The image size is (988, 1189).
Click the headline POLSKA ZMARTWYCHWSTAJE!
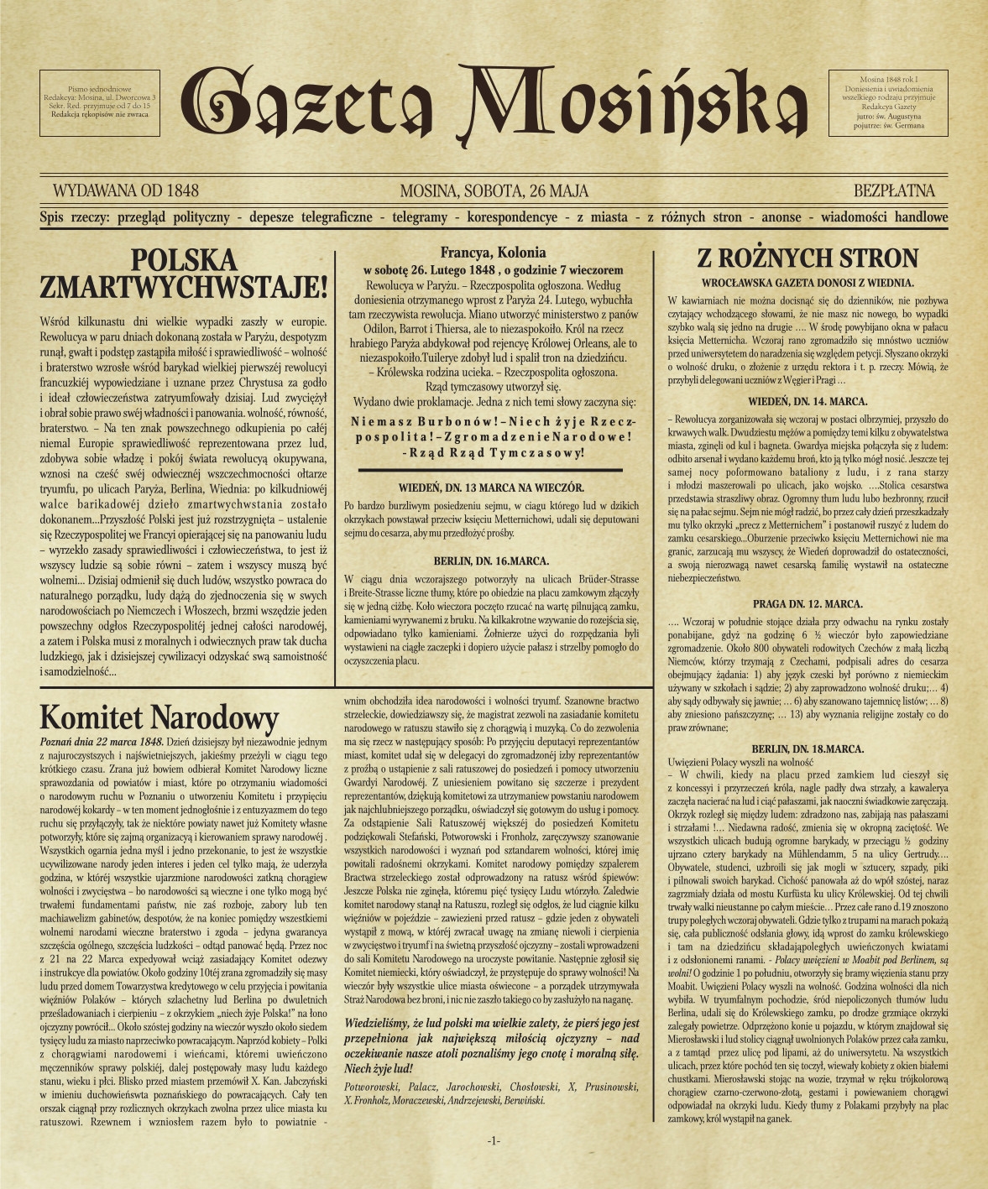click(x=184, y=274)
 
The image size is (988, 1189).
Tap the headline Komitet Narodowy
click(x=159, y=718)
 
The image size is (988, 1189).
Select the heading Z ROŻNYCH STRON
click(x=808, y=258)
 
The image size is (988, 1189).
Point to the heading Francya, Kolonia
click(x=493, y=253)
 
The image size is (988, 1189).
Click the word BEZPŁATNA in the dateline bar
click(x=894, y=191)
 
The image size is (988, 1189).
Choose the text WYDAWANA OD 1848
click(x=125, y=191)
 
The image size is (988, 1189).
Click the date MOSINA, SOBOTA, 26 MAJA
click(x=494, y=191)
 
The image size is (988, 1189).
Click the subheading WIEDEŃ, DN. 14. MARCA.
click(x=808, y=401)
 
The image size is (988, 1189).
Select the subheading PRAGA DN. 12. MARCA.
click(x=808, y=603)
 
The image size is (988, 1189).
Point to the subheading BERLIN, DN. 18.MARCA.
click(x=808, y=748)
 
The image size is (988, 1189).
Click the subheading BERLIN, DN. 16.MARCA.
click(x=492, y=561)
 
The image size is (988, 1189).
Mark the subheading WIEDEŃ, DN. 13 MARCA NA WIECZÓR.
click(x=492, y=488)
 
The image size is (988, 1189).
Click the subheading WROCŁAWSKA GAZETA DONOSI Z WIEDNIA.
click(x=808, y=283)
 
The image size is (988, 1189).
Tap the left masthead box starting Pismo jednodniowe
click(x=100, y=103)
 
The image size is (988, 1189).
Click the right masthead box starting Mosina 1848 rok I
click(x=888, y=103)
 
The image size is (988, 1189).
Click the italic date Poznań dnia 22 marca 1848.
click(x=102, y=742)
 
